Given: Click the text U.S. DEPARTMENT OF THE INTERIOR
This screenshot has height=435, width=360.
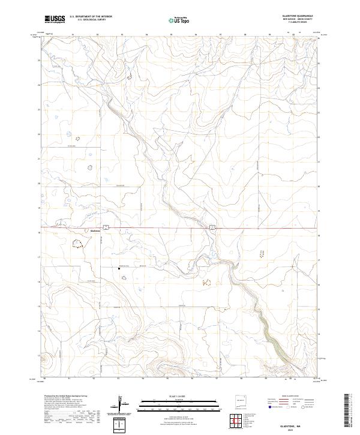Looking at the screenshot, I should (91, 17).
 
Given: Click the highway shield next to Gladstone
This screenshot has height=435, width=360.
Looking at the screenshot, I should (105, 226).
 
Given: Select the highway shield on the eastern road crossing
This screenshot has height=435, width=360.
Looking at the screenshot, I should (212, 226).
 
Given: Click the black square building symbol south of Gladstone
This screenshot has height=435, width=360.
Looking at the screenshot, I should (119, 268).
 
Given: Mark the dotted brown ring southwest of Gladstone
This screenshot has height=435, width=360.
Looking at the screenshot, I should (77, 244).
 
